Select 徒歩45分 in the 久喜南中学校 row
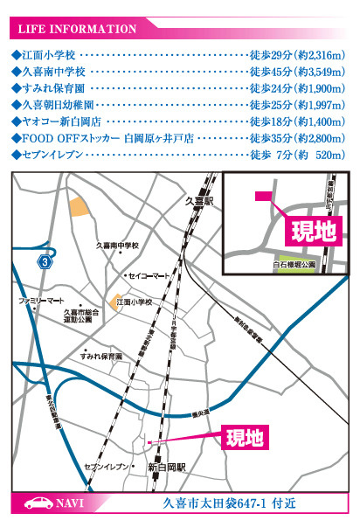(270, 72)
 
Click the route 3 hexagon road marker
(45, 261)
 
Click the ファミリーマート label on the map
(42, 300)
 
